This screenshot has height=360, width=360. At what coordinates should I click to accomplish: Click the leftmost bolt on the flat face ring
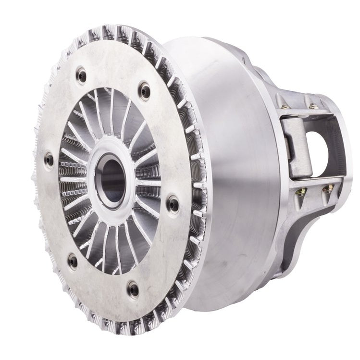coord(49,159)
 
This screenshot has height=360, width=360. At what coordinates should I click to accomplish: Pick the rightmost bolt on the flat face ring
coord(173,205)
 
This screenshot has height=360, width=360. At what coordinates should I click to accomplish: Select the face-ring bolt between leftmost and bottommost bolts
coord(73,261)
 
